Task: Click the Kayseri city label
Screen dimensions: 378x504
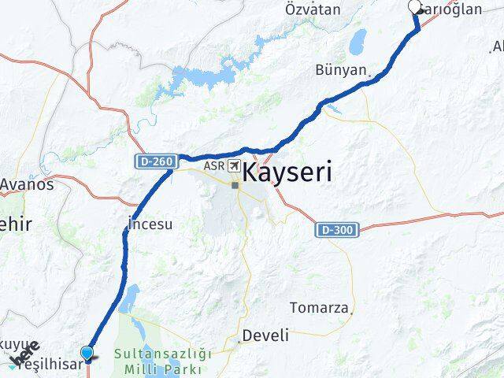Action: point(287,172)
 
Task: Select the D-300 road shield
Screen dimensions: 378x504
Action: point(339,230)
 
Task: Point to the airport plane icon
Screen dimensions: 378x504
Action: point(235,165)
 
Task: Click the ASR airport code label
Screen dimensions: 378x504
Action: point(213,166)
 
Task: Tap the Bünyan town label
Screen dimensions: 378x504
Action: point(340,70)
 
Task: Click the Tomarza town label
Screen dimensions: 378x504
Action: point(319,307)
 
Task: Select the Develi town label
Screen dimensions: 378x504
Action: point(266,335)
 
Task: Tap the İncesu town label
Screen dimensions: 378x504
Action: point(149,224)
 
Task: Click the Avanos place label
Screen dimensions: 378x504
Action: point(27,184)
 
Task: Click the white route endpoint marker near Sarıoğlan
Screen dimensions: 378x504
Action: point(415,8)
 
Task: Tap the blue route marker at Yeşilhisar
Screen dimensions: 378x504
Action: point(87,354)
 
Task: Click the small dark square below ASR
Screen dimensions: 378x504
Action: point(234,186)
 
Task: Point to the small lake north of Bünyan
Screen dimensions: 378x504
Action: point(358,39)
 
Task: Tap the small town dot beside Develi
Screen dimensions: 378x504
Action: point(239,341)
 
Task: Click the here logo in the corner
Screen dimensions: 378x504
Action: point(24,354)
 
